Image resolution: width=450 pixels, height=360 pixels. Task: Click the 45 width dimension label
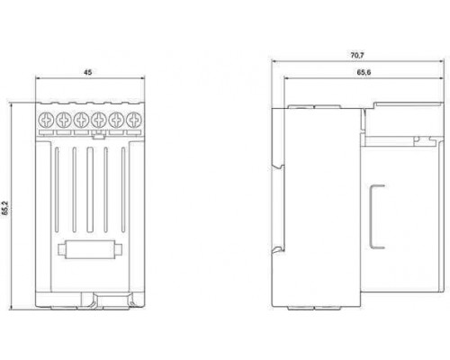pyautogui.click(x=87, y=72)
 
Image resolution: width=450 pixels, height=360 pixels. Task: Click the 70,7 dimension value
pyautogui.click(x=357, y=55)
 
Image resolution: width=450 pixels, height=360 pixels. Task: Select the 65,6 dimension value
pyautogui.click(x=364, y=72)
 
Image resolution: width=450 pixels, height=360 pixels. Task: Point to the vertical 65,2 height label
pyautogui.click(x=5, y=208)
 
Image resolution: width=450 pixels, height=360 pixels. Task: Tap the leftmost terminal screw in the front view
pyautogui.click(x=46, y=120)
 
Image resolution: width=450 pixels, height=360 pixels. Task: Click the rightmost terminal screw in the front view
pyautogui.click(x=134, y=120)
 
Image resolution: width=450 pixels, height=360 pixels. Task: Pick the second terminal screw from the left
pyautogui.click(x=64, y=120)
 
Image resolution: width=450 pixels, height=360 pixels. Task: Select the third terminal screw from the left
pyautogui.click(x=81, y=120)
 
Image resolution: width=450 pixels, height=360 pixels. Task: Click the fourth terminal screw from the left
pyautogui.click(x=99, y=120)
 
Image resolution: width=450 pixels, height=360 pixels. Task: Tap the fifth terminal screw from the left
pyautogui.click(x=116, y=120)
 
